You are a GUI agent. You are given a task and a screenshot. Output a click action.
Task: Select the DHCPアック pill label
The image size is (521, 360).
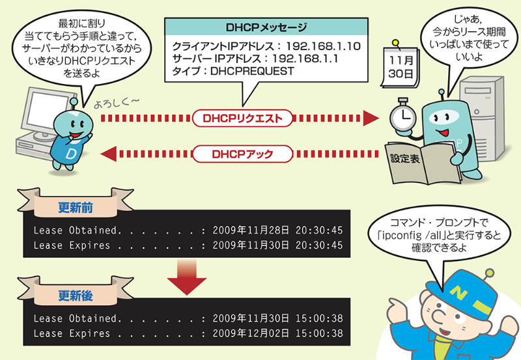(242, 154)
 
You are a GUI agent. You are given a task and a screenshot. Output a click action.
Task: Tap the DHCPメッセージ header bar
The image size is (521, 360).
(266, 28)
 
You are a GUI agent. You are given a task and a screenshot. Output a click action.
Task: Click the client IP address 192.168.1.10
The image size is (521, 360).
(322, 47)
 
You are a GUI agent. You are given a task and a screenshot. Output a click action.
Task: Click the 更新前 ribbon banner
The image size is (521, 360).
(75, 208)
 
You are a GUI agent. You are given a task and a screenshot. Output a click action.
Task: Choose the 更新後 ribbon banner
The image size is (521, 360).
(75, 295)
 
